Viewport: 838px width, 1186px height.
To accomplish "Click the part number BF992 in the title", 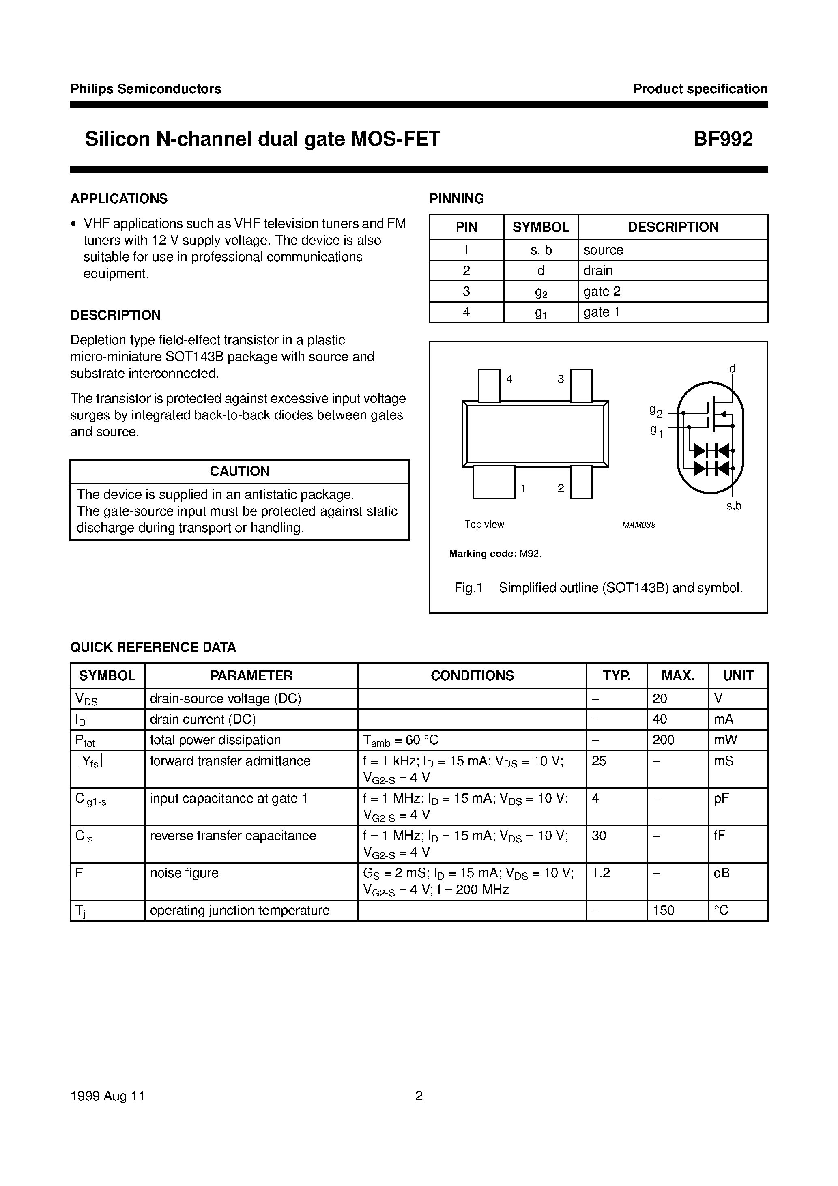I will (x=723, y=139).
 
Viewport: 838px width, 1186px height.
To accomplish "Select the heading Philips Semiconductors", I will (x=146, y=89).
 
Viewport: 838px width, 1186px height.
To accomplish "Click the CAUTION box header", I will (x=239, y=471).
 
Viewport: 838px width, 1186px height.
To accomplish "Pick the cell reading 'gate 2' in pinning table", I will (x=602, y=291).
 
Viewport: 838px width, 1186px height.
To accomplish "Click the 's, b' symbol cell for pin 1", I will (x=541, y=250).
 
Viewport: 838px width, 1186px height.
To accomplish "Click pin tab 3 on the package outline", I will (x=581, y=385).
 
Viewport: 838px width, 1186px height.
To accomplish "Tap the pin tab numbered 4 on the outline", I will (x=489, y=385).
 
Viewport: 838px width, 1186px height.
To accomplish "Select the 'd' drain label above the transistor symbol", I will (x=732, y=369).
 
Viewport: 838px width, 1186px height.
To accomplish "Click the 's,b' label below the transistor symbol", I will (x=734, y=506).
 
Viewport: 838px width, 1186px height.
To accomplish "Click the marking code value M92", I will (x=530, y=554).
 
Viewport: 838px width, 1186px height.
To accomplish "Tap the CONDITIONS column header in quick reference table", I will (x=472, y=676).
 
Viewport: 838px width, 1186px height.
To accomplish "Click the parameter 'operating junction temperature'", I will (x=240, y=910).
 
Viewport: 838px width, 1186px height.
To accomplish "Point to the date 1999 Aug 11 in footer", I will (x=107, y=1096).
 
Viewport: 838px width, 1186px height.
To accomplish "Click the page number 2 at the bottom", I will (x=419, y=1096).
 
